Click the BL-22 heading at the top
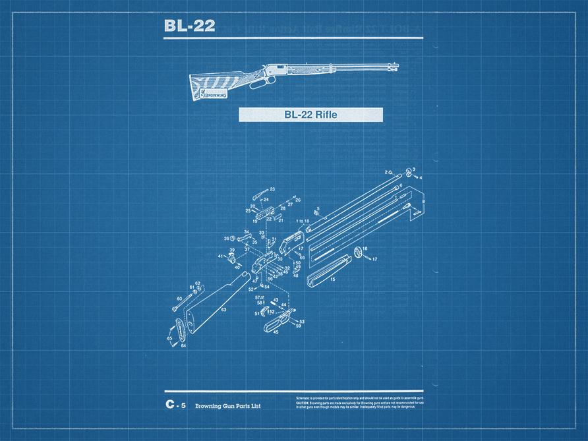[189, 26]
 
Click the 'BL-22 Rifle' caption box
[310, 115]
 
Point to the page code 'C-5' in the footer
[176, 405]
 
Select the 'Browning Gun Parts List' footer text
[227, 406]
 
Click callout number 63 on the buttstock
[224, 309]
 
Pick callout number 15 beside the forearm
[332, 279]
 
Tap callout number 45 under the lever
[276, 332]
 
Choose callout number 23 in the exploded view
[272, 190]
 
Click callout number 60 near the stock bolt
[179, 299]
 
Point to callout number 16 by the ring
[365, 249]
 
